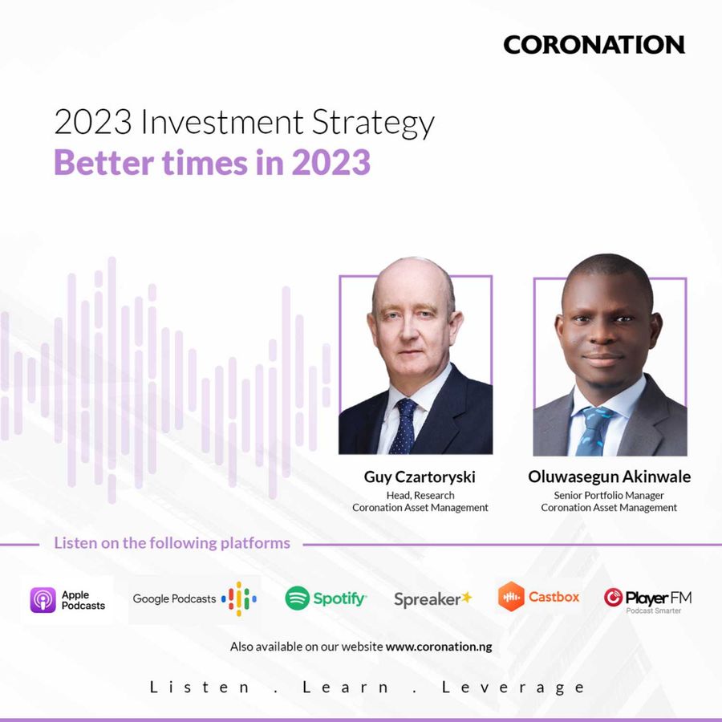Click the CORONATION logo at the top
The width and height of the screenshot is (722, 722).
pos(594,45)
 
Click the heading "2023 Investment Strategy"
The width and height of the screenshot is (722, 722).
pos(244,123)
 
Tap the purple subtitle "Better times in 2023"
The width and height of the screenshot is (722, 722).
pos(212,163)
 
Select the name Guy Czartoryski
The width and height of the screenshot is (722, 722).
pos(420,477)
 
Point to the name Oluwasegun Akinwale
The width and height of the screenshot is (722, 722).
pos(609,477)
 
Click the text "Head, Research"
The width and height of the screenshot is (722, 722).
pos(420,495)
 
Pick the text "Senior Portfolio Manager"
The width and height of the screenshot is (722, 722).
pos(609,495)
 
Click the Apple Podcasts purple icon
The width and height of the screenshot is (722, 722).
pos(43,600)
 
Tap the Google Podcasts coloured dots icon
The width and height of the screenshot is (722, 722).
pos(239,598)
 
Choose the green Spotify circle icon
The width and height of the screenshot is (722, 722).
pos(298,598)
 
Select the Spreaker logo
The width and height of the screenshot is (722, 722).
pos(433,599)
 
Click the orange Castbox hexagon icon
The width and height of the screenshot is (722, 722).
pos(511,597)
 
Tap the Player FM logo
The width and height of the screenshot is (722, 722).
pos(647,597)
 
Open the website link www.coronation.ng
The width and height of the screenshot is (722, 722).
pos(439,647)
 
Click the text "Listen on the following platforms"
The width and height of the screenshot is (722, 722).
pos(172,543)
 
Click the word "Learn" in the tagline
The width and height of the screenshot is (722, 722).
pos(347,688)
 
